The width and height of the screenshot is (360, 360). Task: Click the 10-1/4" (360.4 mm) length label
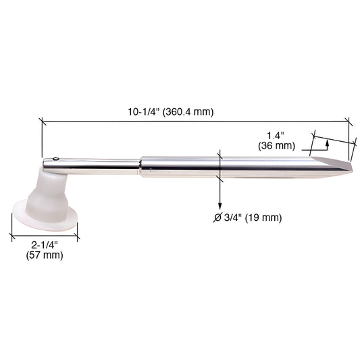(x=171, y=112)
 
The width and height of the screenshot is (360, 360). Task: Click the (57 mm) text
(x=43, y=255)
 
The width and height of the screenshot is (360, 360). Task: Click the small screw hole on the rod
(x=57, y=160)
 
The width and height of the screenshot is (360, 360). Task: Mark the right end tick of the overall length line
(x=350, y=122)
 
